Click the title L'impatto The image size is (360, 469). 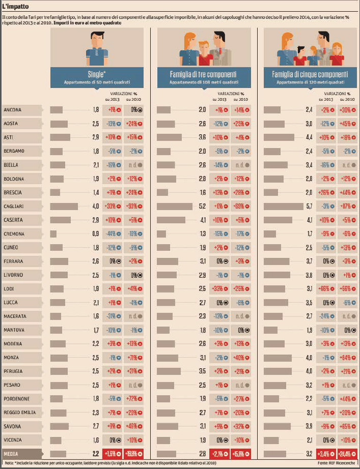pyautogui.click(x=15, y=7)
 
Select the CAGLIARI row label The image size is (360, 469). pyautogui.click(x=14, y=207)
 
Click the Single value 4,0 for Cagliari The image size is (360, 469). pyautogui.click(x=95, y=207)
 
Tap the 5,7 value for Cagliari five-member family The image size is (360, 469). pyautogui.click(x=309, y=207)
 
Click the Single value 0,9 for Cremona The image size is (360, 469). pyautogui.click(x=95, y=234)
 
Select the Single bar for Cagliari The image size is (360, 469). pyautogui.click(x=64, y=207)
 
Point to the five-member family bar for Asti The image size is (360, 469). pyautogui.click(x=279, y=137)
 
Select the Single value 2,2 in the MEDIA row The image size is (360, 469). pyautogui.click(x=95, y=454)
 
